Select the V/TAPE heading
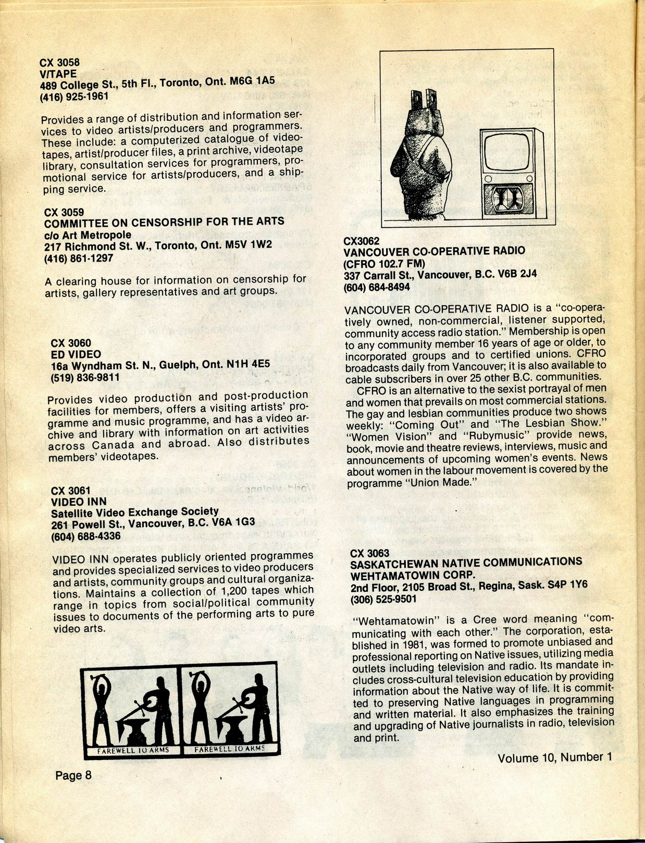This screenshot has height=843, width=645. tap(58, 74)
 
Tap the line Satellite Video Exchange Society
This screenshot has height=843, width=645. tap(135, 512)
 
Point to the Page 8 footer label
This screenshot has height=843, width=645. tap(73, 775)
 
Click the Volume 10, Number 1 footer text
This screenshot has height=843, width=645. tap(554, 758)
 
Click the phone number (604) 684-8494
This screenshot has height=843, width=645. tap(377, 287)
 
